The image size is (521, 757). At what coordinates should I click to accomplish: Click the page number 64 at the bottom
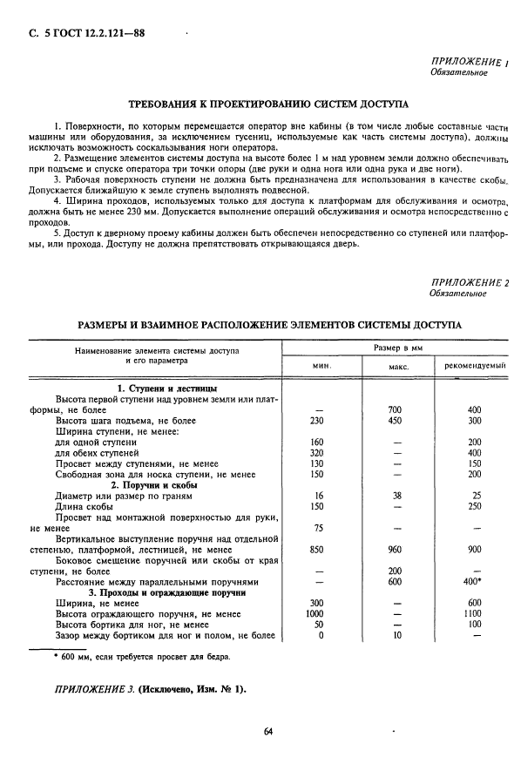pos(268,730)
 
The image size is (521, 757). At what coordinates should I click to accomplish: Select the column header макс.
pos(398,366)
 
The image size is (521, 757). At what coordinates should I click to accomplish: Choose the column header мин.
pos(321,366)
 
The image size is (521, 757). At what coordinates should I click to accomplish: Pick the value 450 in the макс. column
pos(398,420)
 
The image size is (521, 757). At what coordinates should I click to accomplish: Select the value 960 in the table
pos(398,551)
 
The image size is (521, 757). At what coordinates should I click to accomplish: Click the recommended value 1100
pos(474,613)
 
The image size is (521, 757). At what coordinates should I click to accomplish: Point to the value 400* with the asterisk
pos(475,581)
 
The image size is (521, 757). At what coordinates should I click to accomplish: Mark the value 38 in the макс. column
pos(398,495)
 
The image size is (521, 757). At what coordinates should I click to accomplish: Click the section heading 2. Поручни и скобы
pos(152,483)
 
